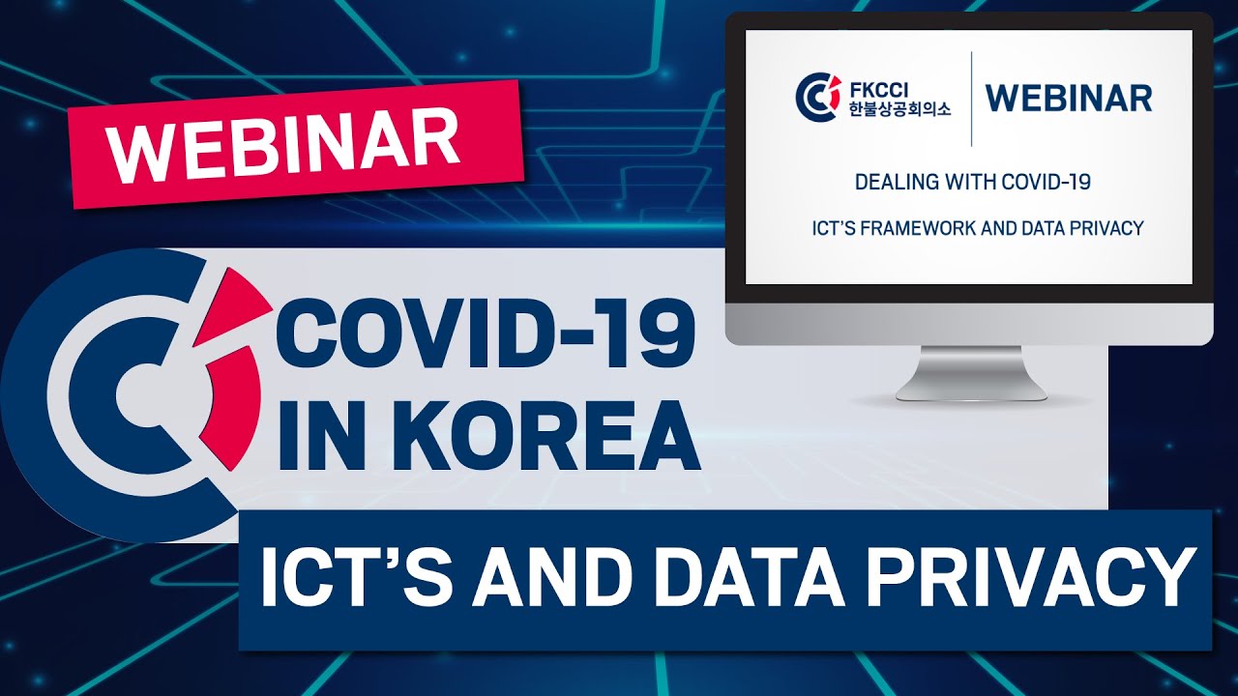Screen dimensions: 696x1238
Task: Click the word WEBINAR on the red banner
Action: [x=283, y=144]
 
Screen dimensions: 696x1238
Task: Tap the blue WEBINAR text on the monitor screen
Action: [x=1069, y=98]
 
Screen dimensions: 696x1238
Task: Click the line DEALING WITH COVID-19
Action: [x=973, y=182]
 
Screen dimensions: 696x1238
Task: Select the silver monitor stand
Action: [x=970, y=374]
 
